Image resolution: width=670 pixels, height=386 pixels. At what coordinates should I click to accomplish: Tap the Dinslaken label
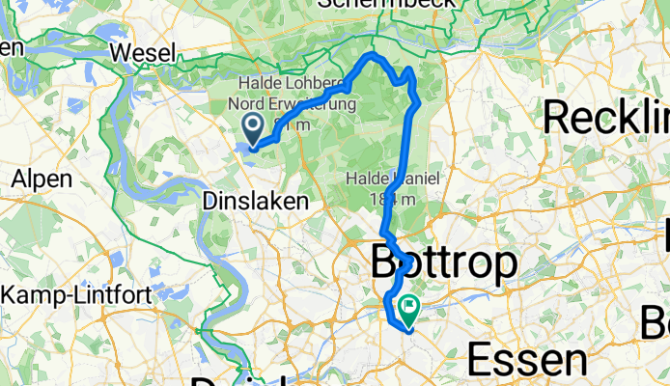[x=257, y=202]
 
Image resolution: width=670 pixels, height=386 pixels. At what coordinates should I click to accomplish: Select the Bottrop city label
[x=444, y=262]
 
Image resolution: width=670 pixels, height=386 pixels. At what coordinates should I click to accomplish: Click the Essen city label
[x=527, y=360]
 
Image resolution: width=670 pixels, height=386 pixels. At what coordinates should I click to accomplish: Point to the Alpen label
[x=42, y=179]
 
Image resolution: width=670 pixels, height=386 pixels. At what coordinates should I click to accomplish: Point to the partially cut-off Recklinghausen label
[x=605, y=118]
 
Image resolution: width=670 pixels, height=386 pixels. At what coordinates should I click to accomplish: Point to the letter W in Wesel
[x=123, y=51]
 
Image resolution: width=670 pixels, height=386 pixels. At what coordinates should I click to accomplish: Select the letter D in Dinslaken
[x=211, y=202]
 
